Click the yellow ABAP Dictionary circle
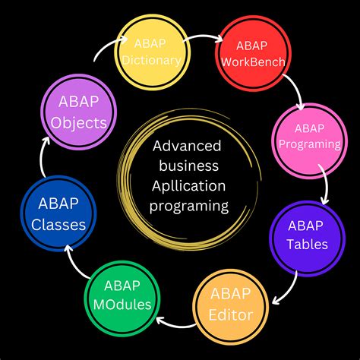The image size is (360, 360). point(152,52)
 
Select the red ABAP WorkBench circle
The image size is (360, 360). point(253,53)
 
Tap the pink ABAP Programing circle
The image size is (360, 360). point(309,141)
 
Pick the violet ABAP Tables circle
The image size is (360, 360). point(308,238)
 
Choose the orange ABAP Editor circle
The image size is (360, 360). point(231,307)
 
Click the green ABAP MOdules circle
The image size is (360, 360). point(122,298)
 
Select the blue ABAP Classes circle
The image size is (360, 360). point(58,214)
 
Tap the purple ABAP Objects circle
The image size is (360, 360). point(78,112)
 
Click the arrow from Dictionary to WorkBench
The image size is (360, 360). point(203,36)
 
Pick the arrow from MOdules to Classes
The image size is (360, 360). point(74,264)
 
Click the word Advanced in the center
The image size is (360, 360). point(187,146)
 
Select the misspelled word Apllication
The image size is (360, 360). point(189,187)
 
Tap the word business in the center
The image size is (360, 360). point(189,166)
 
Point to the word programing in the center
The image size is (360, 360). point(189,207)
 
